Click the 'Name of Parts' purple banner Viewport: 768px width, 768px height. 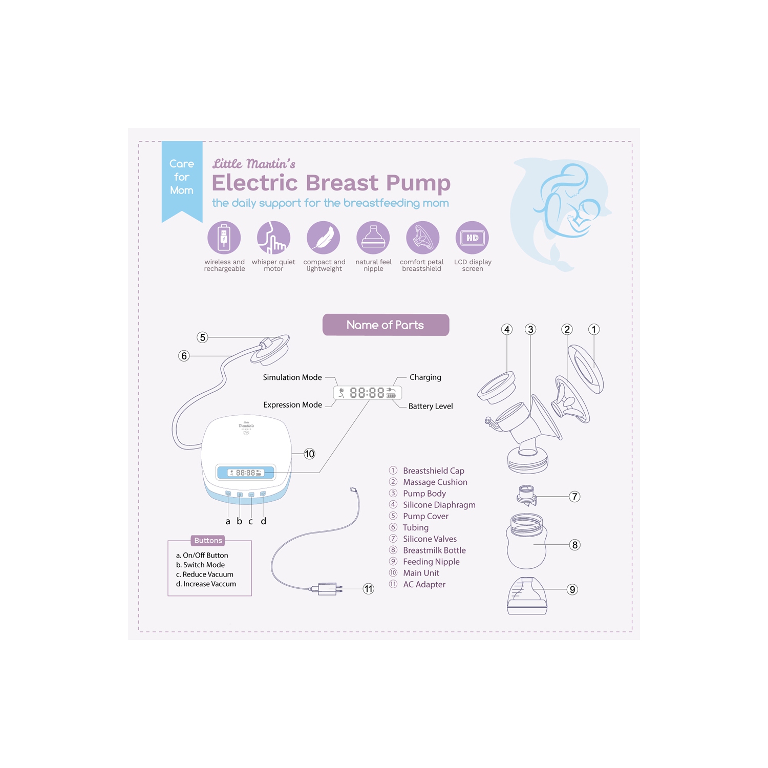386,325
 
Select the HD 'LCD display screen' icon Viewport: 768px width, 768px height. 472,238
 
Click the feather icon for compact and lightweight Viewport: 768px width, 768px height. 324,238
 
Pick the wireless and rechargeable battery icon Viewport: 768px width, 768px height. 224,238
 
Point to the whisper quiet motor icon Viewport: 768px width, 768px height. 273,238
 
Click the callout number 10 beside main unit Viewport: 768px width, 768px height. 309,454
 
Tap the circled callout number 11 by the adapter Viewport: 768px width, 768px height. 368,589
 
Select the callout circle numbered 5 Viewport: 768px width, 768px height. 203,337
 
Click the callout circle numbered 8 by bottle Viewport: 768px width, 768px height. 575,545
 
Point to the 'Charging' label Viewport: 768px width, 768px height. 425,377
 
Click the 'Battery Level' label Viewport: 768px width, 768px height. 431,406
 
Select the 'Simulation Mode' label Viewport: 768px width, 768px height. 292,377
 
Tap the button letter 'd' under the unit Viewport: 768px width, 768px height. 263,521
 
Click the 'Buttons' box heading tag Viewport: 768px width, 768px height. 208,541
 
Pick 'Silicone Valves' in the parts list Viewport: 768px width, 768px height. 430,539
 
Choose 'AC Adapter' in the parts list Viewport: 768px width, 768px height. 424,585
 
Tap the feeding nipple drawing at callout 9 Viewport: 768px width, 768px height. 527,596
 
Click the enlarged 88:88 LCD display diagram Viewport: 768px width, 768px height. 368,393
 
